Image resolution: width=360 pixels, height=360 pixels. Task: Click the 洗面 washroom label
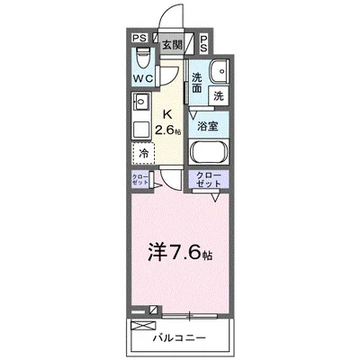197,83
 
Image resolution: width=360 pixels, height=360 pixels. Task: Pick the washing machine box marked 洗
218,94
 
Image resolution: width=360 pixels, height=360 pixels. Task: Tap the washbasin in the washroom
218,73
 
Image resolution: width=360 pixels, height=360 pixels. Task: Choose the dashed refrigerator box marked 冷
144,153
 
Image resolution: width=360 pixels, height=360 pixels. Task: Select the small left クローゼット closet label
139,179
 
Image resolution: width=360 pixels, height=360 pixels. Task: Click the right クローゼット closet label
208,177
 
